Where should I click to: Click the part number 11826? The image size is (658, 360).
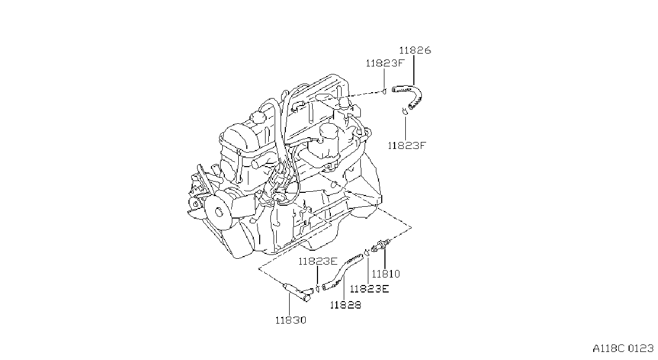(x=415, y=50)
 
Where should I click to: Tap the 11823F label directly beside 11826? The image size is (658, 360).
(x=385, y=63)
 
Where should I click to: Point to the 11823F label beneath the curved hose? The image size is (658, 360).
(x=407, y=146)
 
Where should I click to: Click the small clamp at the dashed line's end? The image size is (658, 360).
(x=384, y=92)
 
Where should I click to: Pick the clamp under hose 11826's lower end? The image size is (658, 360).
(x=405, y=111)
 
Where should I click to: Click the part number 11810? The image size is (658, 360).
(x=385, y=274)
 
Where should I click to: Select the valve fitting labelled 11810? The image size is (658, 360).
(x=381, y=246)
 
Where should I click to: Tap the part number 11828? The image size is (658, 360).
(x=345, y=305)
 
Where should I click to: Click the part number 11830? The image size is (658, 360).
(x=291, y=320)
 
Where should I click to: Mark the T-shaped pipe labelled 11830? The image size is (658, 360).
(x=297, y=291)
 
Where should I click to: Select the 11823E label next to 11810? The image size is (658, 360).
(x=369, y=289)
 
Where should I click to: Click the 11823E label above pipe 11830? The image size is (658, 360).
(x=318, y=261)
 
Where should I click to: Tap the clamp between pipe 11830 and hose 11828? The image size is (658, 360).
(x=317, y=288)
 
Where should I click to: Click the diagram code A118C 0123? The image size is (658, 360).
(x=623, y=349)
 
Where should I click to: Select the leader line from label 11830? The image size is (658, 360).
(x=289, y=304)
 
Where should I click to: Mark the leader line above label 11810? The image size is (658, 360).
(x=385, y=259)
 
